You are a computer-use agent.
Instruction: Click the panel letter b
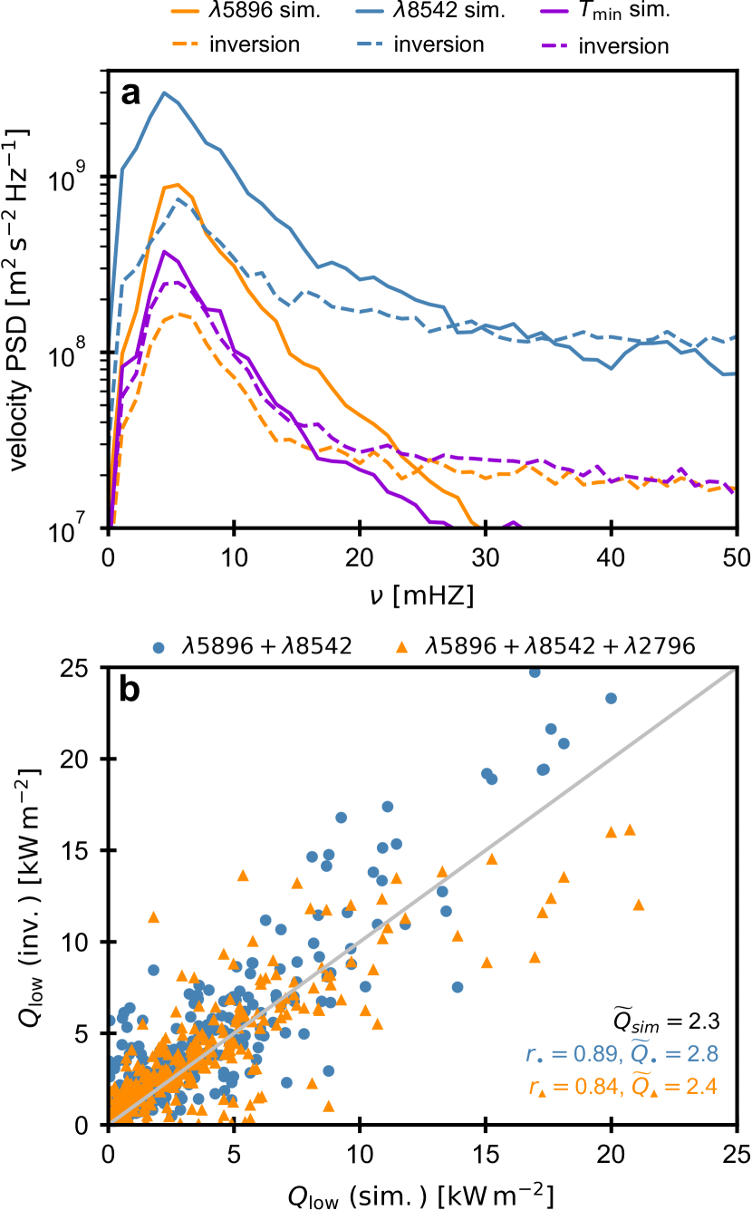point(132,692)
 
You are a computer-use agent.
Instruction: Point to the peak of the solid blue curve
point(163,92)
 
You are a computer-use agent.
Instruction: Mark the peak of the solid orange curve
point(178,185)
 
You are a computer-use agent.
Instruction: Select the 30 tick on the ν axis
point(486,557)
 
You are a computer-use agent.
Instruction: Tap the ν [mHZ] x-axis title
point(421,595)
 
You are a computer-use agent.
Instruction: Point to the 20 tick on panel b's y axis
point(82,759)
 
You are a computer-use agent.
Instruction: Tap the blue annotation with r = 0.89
point(622,1053)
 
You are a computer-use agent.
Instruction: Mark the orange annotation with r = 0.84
point(622,1085)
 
